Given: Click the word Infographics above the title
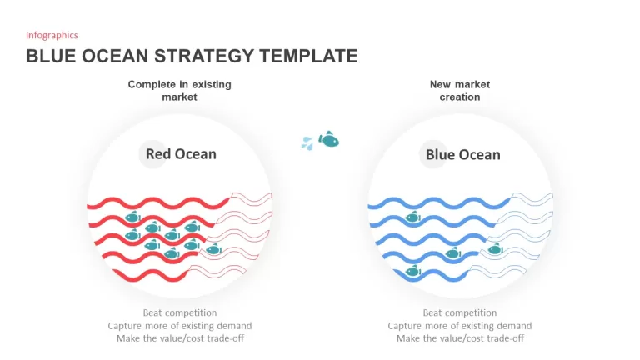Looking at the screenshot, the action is pos(52,36).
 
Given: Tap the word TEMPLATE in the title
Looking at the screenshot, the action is pos(308,56).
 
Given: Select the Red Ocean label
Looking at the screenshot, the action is pos(181,154).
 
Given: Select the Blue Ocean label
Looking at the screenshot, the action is pos(462,155).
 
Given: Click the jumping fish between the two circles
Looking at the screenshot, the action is pos(329,139).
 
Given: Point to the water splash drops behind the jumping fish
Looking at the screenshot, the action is pos(307,142).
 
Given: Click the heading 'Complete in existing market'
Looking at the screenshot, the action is pos(180,91).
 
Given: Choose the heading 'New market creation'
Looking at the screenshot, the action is pos(460,91).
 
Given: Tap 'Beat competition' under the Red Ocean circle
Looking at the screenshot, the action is pos(180,312).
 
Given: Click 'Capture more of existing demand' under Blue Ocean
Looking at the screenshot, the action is pos(460,326).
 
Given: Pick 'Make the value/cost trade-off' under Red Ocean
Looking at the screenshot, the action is pos(180,338).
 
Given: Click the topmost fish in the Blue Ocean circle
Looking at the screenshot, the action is pos(412,217).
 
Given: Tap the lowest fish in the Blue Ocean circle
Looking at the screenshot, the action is pos(413,271).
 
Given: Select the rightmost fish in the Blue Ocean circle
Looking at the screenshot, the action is pos(495,248).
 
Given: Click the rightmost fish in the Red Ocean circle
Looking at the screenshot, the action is pos(214,249).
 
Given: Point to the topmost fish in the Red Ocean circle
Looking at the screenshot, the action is pos(132,217).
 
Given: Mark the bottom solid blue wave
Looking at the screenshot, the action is pos(431,276).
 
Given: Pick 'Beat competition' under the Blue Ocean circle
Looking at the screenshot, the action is pos(460,312).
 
